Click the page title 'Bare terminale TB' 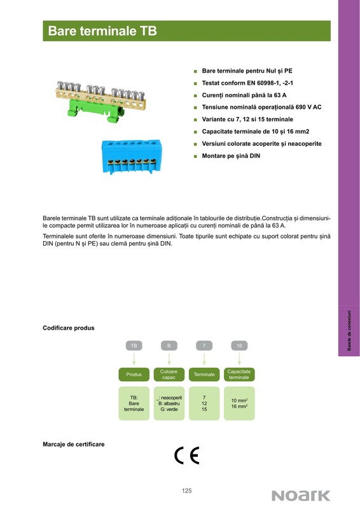102,31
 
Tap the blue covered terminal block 132,156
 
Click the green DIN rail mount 96,111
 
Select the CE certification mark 186,456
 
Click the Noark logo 301,496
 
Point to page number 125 186,491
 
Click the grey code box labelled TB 134,345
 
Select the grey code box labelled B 169,345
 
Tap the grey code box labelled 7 204,345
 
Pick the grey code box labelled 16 239,345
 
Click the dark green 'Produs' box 134,374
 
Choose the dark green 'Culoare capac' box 169,374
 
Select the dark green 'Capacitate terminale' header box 239,374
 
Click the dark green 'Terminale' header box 204,374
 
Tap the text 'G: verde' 169,409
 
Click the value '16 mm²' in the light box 239,407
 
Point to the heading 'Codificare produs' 69,328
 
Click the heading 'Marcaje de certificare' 74,444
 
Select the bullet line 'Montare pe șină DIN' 231,156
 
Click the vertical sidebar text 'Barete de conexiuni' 349,330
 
